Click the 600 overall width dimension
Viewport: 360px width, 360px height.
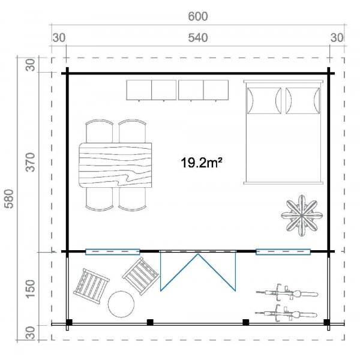point(198,17)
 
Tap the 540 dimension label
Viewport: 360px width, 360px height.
point(198,38)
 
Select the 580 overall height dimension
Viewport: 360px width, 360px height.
point(10,199)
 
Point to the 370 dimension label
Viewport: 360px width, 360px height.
point(30,162)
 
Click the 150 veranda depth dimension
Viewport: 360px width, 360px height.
point(30,289)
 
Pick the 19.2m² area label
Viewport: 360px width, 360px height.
point(202,163)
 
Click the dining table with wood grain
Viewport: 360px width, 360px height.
point(115,165)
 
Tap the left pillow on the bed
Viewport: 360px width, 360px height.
point(264,101)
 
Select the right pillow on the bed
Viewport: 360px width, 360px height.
point(302,101)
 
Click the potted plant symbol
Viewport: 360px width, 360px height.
point(302,216)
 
